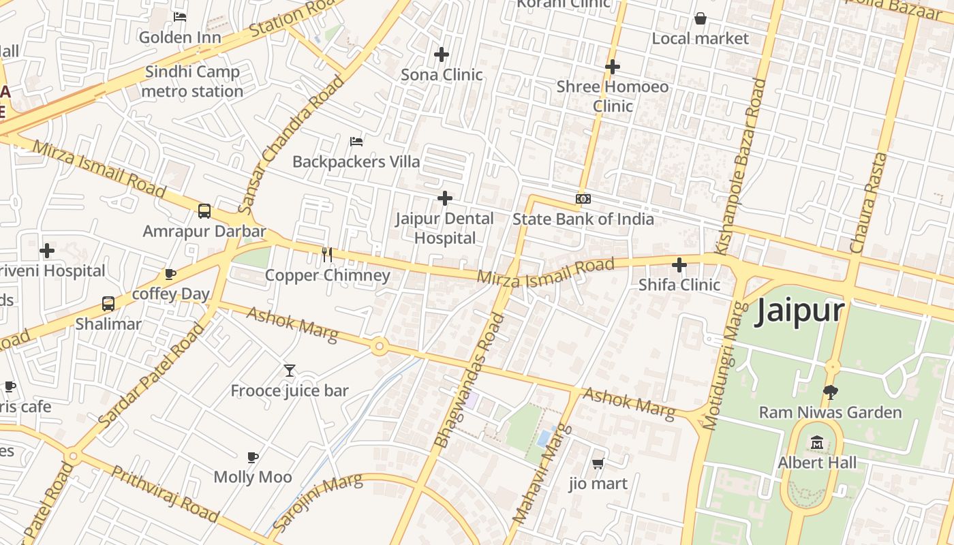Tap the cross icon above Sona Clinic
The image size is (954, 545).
pyautogui.click(x=442, y=54)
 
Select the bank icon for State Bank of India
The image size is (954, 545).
pyautogui.click(x=583, y=199)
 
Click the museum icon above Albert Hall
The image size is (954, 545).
pyautogui.click(x=817, y=443)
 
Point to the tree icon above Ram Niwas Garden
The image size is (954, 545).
pyautogui.click(x=830, y=392)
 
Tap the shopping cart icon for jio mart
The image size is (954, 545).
pyautogui.click(x=598, y=464)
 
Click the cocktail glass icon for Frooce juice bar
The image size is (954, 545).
pyautogui.click(x=290, y=371)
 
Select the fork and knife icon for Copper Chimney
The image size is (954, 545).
pyautogui.click(x=327, y=255)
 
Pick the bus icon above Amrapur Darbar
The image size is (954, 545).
pyautogui.click(x=204, y=211)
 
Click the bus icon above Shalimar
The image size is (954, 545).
pyautogui.click(x=108, y=304)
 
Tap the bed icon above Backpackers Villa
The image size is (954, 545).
pyautogui.click(x=356, y=142)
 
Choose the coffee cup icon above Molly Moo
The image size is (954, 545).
pyautogui.click(x=253, y=457)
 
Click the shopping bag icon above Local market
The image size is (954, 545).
pyautogui.click(x=700, y=18)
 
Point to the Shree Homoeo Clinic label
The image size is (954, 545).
pyautogui.click(x=613, y=96)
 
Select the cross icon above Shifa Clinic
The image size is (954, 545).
pyautogui.click(x=679, y=264)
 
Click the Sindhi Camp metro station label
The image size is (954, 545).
pyautogui.click(x=192, y=81)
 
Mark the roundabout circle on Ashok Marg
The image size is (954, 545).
pyautogui.click(x=380, y=347)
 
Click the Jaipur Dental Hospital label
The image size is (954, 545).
pyautogui.click(x=445, y=228)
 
